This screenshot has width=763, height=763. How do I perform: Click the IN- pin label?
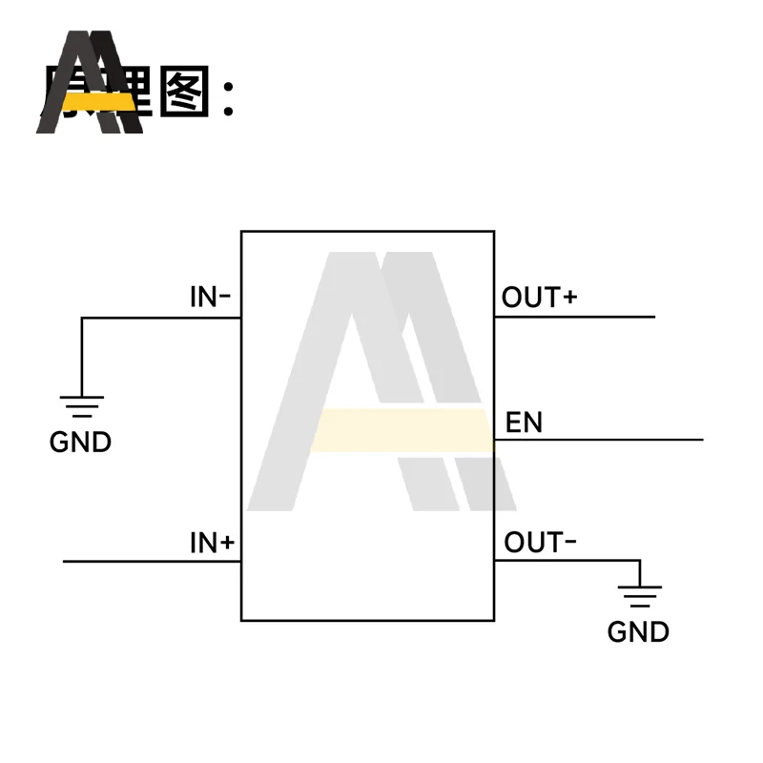[x=211, y=297]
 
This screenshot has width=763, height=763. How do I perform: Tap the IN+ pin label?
[x=212, y=544]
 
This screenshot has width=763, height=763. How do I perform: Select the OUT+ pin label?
[x=540, y=298]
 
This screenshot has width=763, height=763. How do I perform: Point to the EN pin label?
[x=524, y=423]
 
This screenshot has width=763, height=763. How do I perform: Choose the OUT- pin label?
[x=540, y=543]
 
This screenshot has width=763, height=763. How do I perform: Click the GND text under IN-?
[x=80, y=443]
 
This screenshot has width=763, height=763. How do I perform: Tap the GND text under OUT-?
[x=638, y=631]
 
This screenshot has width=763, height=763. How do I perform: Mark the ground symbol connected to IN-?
[x=81, y=406]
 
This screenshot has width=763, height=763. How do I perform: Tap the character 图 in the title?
[x=182, y=93]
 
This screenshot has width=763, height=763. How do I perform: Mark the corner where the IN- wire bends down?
[x=82, y=318]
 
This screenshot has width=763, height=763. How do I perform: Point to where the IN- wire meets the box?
[x=241, y=318]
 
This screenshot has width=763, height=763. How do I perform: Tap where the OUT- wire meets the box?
[x=494, y=561]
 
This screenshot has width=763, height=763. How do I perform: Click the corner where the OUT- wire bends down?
[x=640, y=561]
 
